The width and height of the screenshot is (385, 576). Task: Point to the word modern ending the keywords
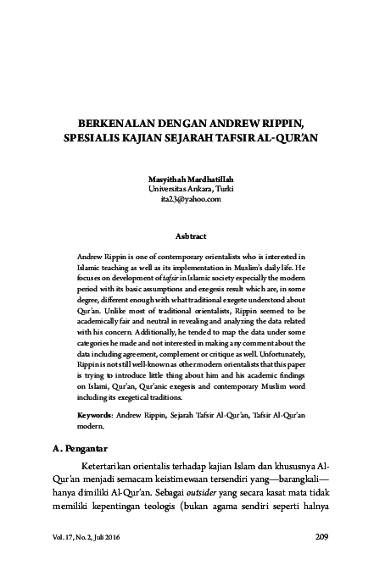[90, 429]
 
